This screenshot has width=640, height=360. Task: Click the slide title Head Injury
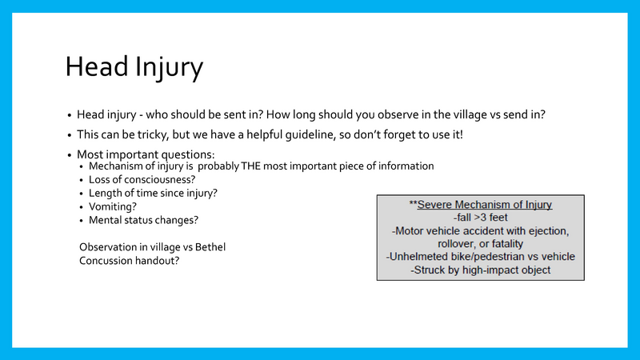(134, 67)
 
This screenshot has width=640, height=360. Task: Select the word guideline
(322, 135)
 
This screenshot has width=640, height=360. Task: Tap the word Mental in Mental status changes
(106, 219)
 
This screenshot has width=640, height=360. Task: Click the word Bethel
(210, 247)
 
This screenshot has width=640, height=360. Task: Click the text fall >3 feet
(480, 218)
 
